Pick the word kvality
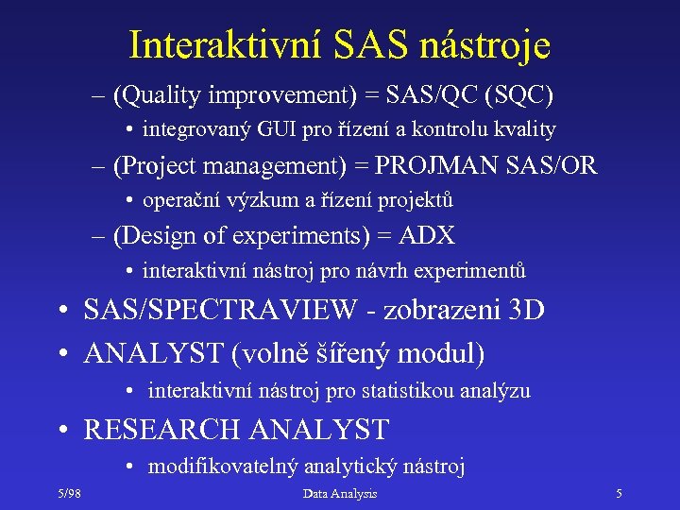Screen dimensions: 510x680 (x=525, y=129)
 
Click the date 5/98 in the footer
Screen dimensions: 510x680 (x=67, y=494)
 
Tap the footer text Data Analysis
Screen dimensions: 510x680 (x=339, y=494)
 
